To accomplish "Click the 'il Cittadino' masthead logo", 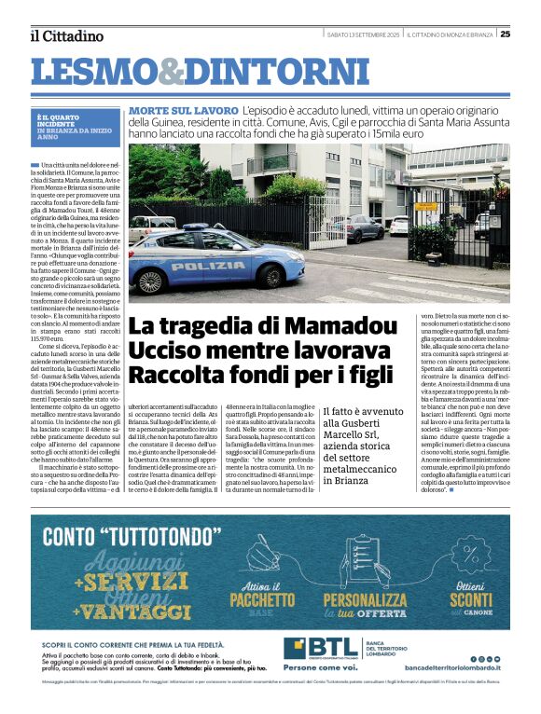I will point(66,35).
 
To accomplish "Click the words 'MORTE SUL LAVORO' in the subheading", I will point(184,111).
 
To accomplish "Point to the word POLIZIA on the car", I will point(208,266).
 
